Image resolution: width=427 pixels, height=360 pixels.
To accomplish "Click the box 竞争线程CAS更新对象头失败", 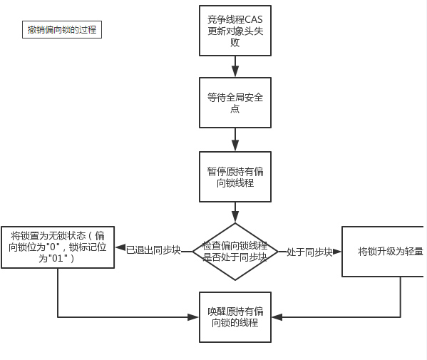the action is tap(235, 31).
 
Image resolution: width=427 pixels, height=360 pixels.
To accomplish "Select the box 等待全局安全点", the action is tap(235, 103).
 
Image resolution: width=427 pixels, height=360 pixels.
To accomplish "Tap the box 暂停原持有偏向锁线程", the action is tap(235, 177).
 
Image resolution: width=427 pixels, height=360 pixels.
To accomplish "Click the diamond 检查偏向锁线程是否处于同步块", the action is tap(235, 252).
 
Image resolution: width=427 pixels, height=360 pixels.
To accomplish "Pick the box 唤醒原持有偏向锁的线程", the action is tap(235, 317).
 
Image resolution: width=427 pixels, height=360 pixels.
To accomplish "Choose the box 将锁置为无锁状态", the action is tap(58, 247).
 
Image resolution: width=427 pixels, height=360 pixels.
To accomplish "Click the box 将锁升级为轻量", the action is tap(384, 252).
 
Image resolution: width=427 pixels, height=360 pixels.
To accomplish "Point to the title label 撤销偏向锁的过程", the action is tap(62, 29).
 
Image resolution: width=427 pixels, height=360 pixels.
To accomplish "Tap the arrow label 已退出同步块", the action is tap(153, 250).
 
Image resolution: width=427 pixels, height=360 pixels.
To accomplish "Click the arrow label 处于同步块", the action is tap(309, 252).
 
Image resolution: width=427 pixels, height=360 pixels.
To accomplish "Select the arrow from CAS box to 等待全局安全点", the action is tap(235, 67).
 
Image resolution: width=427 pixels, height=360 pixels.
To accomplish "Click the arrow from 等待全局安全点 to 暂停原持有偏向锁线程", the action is tap(235, 140).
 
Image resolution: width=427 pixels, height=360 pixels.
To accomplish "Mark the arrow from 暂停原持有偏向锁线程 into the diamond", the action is tap(235, 212).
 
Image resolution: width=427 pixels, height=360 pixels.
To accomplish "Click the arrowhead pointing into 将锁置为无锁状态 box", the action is tap(120, 247).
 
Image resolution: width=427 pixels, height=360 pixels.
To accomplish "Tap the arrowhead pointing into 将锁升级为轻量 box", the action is tap(337, 252).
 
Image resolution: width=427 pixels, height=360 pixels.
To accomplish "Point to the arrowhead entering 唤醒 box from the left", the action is tap(193, 317).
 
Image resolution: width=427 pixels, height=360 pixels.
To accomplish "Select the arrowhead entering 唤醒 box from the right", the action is tap(277, 317).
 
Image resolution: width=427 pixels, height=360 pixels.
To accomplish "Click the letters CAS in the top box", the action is tap(254, 20).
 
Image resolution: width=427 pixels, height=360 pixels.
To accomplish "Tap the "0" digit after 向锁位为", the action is tap(53, 247).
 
